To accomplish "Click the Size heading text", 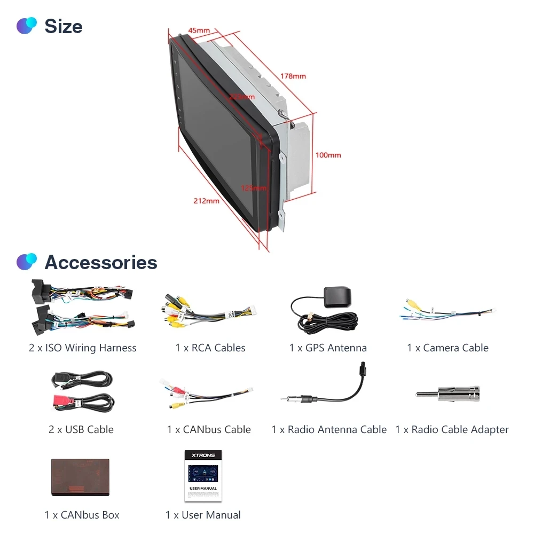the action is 63,26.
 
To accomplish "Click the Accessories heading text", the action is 100,262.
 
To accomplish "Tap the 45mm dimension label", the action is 199,30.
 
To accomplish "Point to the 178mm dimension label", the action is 293,76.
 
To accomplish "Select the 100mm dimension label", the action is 328,155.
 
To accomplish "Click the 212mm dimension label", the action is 206,201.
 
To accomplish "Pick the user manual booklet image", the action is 203,475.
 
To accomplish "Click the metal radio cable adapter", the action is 447,394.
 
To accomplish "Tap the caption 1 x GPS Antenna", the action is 328,348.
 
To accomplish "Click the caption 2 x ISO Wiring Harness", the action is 83,348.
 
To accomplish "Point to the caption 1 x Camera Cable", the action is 447,348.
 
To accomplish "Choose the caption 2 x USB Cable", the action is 81,430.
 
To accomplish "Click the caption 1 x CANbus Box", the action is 82,515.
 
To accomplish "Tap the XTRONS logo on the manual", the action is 203,456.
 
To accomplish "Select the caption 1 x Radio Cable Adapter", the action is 452,430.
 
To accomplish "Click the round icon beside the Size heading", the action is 27,26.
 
